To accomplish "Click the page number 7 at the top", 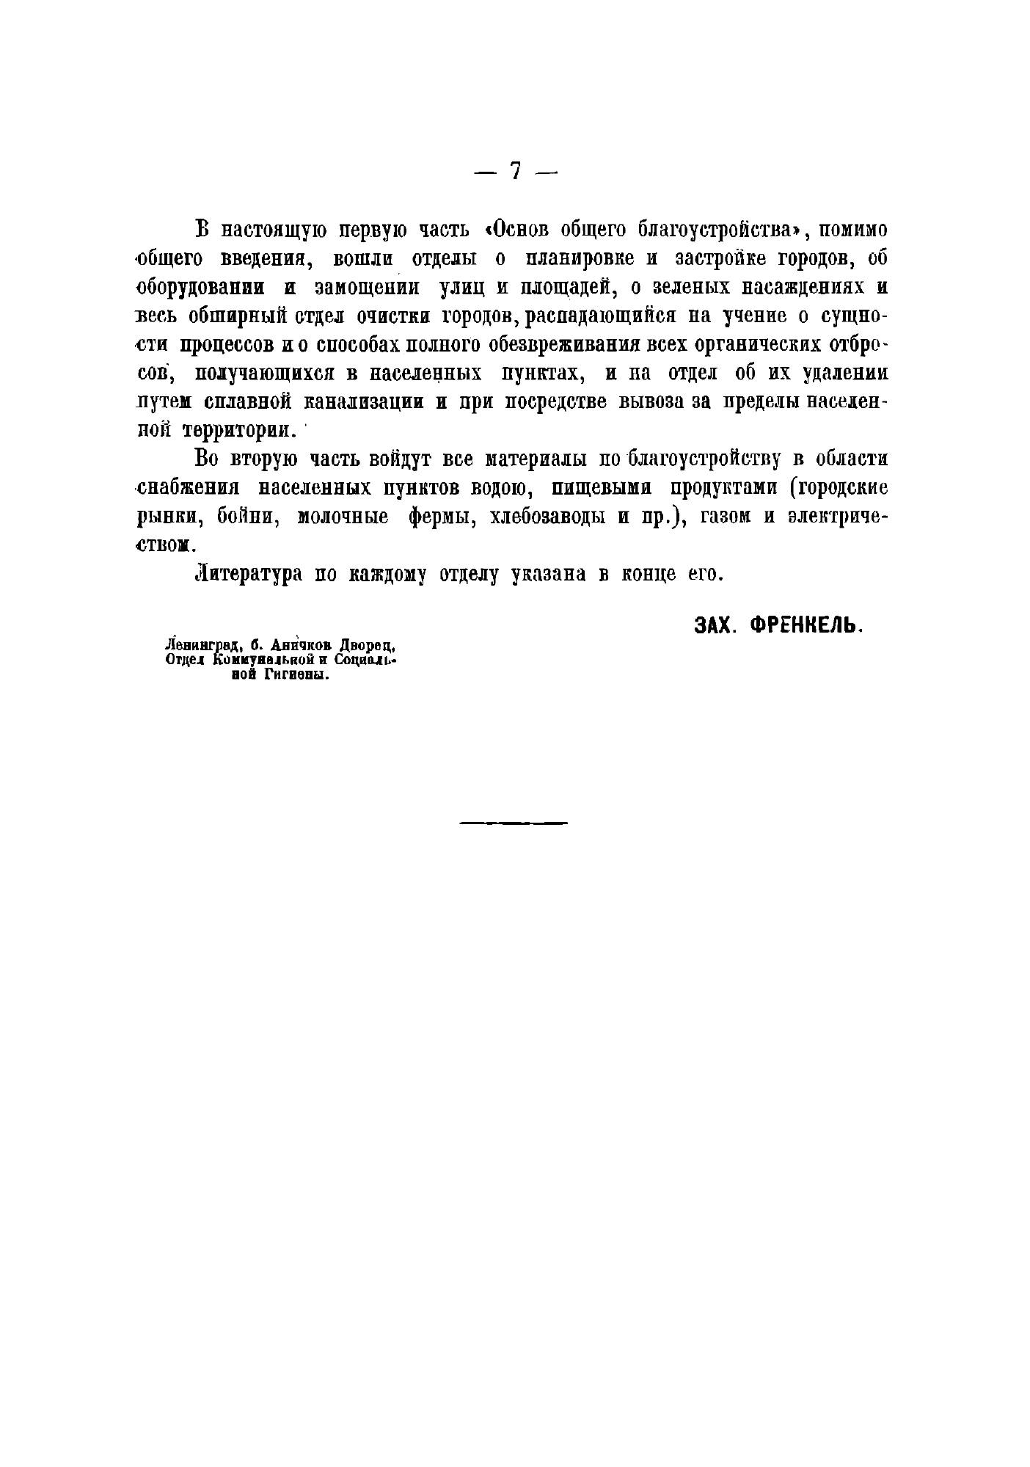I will click(516, 171).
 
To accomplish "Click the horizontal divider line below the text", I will click(514, 823).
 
